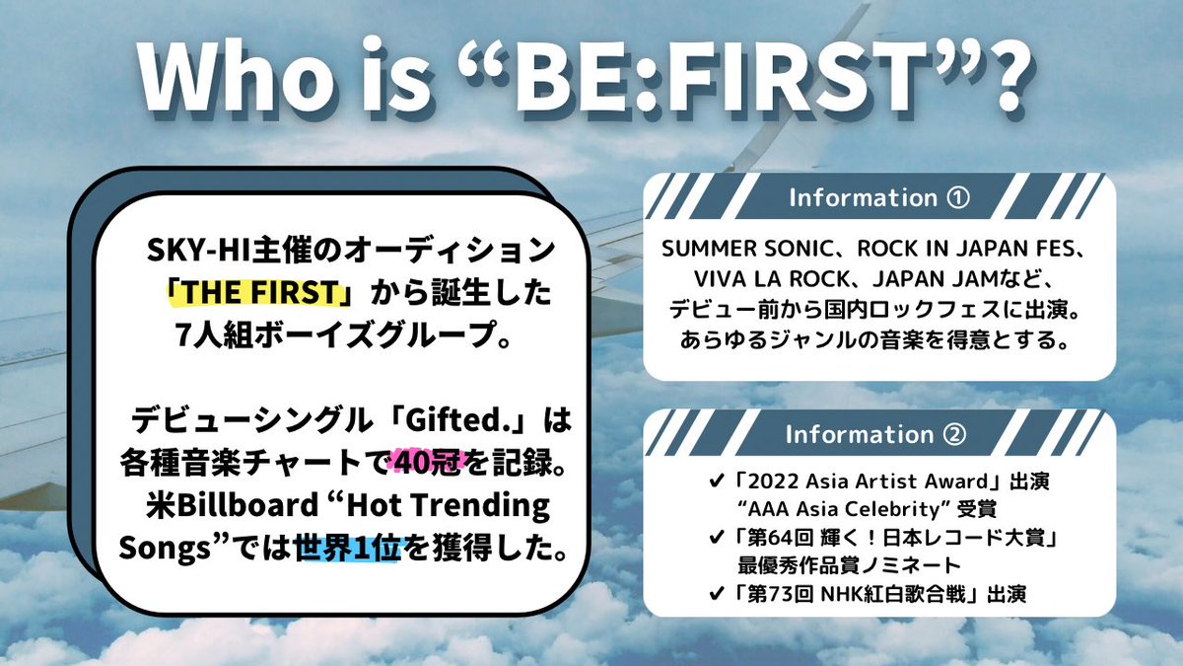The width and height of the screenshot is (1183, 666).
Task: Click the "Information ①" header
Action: pos(879,197)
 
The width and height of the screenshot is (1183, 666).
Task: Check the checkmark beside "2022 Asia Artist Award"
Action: pos(716,481)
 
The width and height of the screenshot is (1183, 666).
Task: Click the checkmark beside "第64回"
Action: pos(716,538)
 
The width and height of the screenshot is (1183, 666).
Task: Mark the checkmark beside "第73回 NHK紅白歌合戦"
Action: pos(716,594)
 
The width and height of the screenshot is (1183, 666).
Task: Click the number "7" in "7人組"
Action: pos(183,335)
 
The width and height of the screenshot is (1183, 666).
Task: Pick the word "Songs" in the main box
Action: pos(165,550)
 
